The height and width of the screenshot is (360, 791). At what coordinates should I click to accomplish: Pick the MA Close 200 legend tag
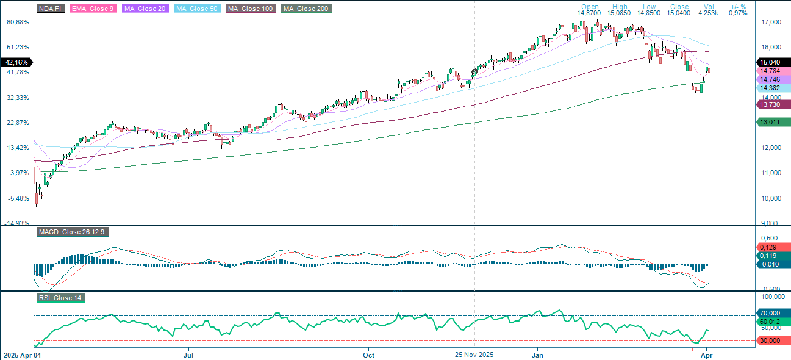(306, 9)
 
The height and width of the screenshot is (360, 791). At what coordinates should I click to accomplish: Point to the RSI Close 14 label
(60, 298)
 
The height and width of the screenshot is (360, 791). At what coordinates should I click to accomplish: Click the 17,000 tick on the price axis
(771, 23)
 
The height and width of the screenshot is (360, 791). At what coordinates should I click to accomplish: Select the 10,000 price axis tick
(771, 198)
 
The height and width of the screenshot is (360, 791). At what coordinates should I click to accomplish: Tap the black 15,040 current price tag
(773, 62)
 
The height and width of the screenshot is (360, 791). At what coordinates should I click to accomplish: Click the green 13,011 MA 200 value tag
(773, 123)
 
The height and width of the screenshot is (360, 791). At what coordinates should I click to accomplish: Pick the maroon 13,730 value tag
(773, 105)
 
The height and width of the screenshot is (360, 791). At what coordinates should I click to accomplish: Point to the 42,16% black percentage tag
(16, 62)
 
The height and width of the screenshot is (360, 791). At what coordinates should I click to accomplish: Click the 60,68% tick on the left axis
(18, 22)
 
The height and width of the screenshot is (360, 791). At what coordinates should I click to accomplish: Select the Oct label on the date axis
(368, 354)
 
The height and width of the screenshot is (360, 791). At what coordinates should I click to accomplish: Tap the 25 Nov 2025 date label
(475, 354)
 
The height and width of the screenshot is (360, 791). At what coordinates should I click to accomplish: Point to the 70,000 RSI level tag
(773, 313)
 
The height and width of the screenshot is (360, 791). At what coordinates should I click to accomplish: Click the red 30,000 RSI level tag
(773, 340)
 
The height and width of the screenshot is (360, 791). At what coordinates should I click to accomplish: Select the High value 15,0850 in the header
(620, 13)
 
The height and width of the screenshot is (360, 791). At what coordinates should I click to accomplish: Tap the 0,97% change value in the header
(738, 13)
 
